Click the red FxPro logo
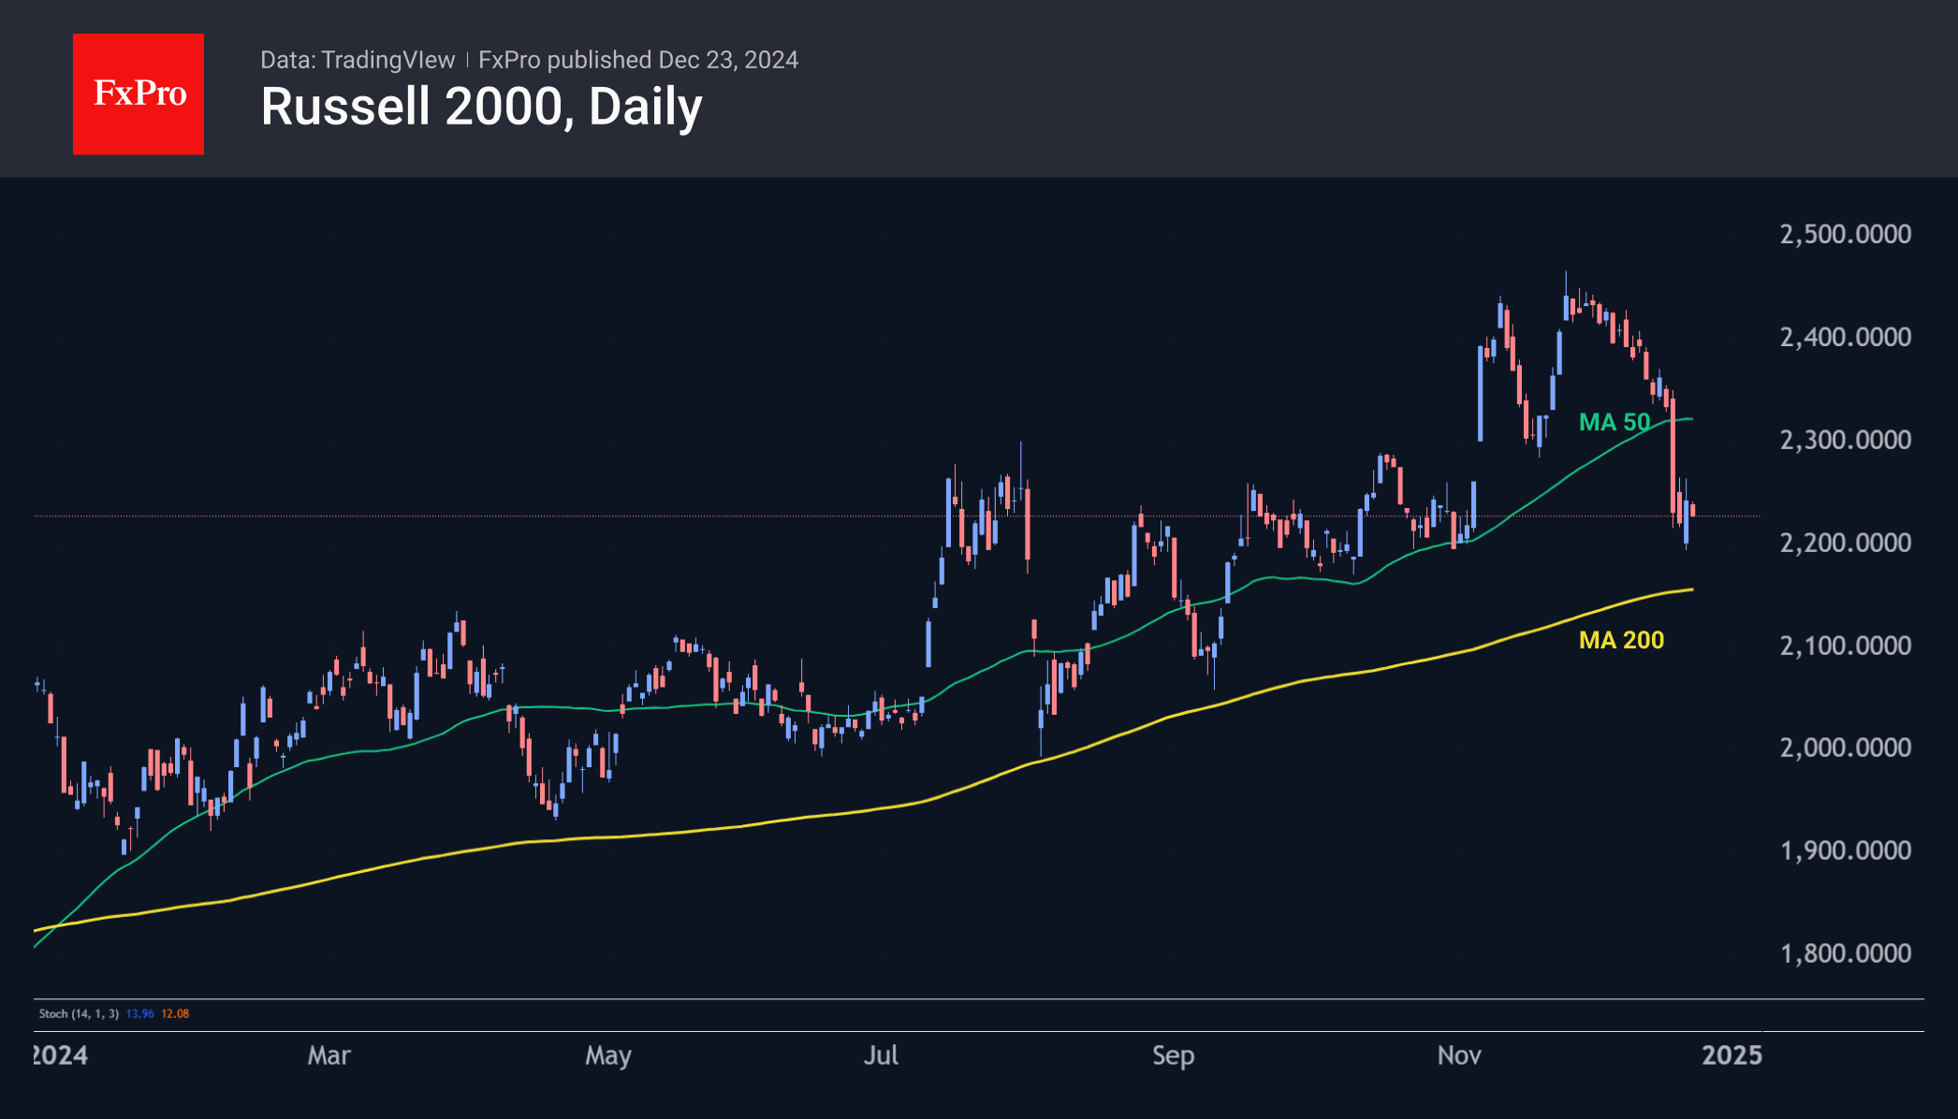[x=139, y=94]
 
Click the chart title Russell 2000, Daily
[x=481, y=107]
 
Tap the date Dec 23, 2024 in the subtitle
[x=728, y=60]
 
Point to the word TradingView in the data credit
[x=387, y=60]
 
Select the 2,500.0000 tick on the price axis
[x=1845, y=234]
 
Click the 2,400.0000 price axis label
[x=1845, y=337]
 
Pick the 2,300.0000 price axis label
[x=1845, y=440]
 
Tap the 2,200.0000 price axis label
[x=1845, y=543]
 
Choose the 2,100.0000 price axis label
[x=1845, y=646]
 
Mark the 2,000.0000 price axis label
[x=1845, y=748]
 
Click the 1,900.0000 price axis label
[x=1845, y=850]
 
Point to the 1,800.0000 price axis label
[x=1845, y=953]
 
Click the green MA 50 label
[x=1615, y=422]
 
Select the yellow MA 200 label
[x=1621, y=640]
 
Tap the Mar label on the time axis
[x=329, y=1055]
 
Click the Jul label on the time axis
[x=881, y=1055]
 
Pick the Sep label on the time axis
[x=1173, y=1055]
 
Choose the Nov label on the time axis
[x=1459, y=1055]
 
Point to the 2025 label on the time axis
[x=1732, y=1055]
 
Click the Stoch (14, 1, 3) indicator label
[x=79, y=1013]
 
